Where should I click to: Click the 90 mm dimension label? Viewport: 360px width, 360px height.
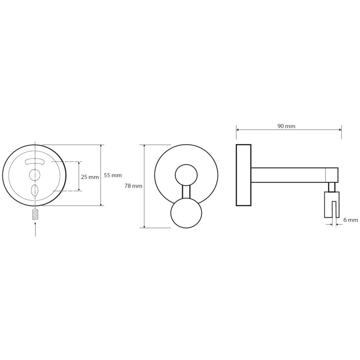(x=286, y=126)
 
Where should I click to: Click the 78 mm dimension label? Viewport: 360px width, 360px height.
(x=134, y=186)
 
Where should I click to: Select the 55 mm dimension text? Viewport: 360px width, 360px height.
(x=113, y=175)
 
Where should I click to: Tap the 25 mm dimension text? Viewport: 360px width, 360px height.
(x=90, y=177)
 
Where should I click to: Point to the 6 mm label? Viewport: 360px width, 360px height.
(x=351, y=220)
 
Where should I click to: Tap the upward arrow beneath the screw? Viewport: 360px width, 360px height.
(x=35, y=229)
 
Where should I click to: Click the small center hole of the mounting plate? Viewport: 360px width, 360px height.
(x=35, y=175)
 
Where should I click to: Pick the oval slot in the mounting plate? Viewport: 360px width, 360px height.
(x=35, y=190)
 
